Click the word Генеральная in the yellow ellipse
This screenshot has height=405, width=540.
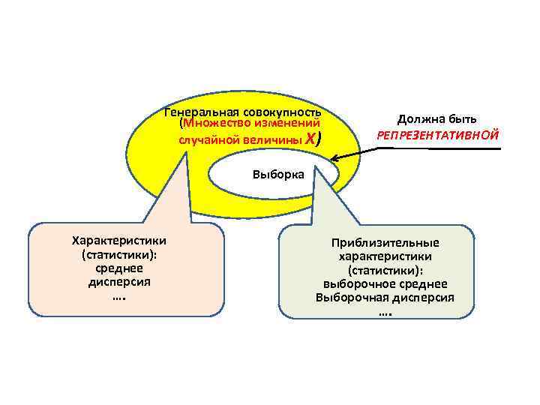[x=197, y=112]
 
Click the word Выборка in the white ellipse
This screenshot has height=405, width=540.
[x=278, y=175]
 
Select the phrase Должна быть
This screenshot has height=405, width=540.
[x=436, y=119]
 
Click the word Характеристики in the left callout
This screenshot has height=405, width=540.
[x=119, y=240]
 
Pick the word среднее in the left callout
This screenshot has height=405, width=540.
[x=119, y=268]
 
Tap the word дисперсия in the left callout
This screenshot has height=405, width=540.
[x=119, y=282]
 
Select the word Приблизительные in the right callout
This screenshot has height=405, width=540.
[x=385, y=243]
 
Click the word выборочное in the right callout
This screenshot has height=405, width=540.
[x=358, y=284]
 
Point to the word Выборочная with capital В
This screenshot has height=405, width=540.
[x=349, y=298]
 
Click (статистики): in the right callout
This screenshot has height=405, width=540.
[x=385, y=270]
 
